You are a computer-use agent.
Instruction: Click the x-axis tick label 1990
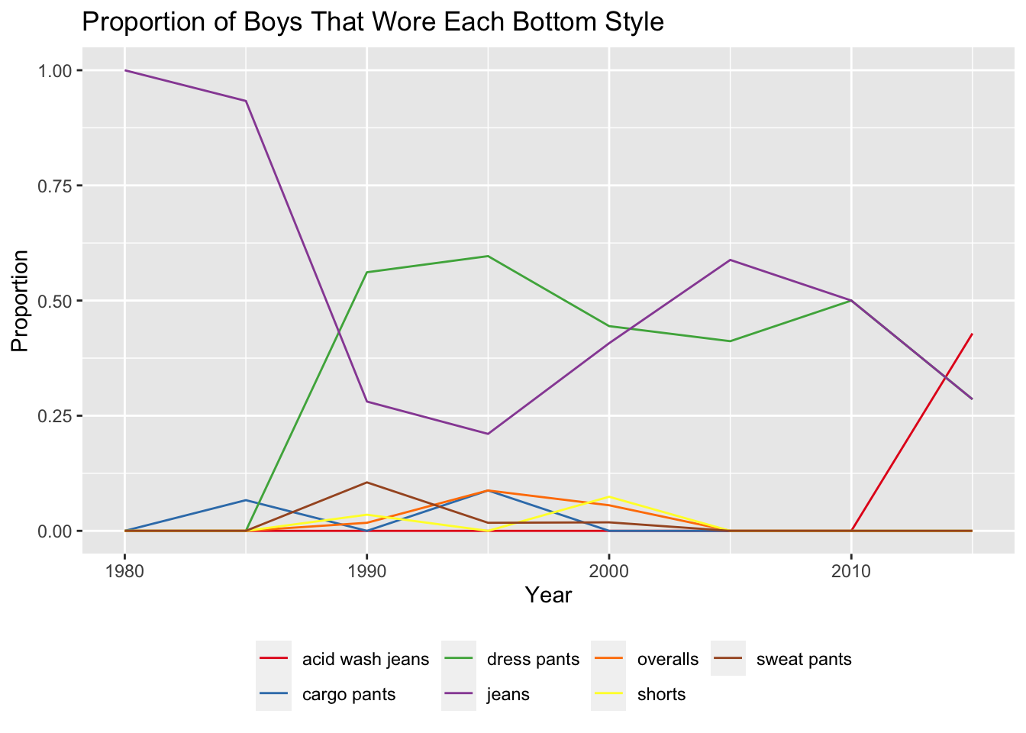366,571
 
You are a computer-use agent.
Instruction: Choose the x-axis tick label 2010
850,571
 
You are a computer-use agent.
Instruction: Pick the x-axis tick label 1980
124,571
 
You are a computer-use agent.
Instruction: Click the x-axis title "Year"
548,596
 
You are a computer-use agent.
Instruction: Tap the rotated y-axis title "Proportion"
20,301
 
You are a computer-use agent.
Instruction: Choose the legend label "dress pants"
533,659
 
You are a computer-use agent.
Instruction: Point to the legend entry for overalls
667,659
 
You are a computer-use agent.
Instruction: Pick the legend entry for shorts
661,695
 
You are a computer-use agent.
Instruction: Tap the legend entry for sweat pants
803,659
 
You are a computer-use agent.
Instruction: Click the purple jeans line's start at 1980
124,70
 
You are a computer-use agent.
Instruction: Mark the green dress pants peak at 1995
488,256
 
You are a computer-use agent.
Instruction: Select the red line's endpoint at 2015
972,334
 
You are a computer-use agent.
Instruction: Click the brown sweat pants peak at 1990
366,482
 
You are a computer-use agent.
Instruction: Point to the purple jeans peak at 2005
730,260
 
